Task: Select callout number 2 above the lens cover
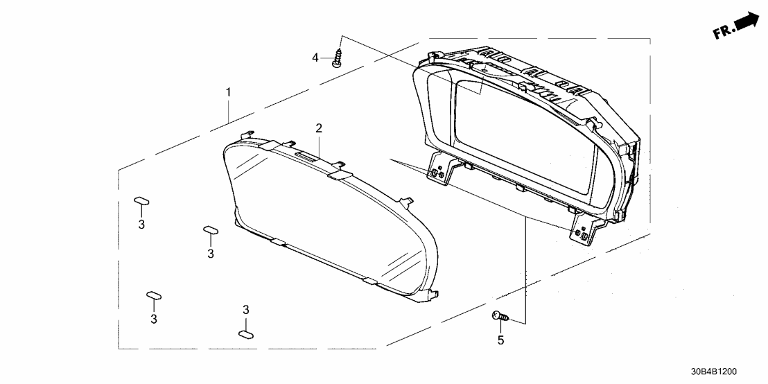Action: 319,128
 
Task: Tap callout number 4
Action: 315,58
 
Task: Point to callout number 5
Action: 500,340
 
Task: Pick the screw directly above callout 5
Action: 500,316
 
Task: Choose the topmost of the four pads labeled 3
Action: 142,202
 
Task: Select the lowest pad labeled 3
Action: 246,333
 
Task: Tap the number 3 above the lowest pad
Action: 245,309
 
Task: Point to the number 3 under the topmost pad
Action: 141,225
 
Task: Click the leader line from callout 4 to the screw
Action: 327,58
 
